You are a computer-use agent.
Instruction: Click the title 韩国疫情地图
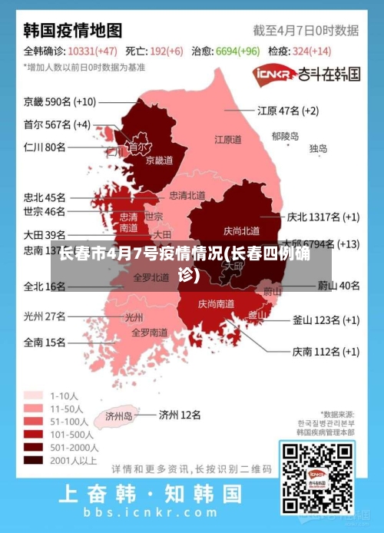[73, 31]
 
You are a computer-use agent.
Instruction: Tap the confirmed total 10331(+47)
[92, 51]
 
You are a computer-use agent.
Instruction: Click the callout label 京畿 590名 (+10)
[60, 101]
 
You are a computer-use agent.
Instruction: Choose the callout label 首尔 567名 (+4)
[57, 124]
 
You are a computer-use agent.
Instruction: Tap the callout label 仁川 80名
[45, 147]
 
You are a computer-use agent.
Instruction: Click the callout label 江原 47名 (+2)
[288, 111]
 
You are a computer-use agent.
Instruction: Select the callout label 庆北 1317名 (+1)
[323, 217]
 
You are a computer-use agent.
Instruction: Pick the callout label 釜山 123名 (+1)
[326, 320]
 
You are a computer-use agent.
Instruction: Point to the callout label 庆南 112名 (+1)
[326, 352]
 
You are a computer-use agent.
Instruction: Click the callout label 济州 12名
[180, 415]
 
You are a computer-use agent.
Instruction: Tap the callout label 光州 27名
[45, 316]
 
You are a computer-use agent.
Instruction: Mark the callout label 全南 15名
[45, 343]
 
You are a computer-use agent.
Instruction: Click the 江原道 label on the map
[228, 140]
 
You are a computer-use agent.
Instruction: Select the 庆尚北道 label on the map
[241, 230]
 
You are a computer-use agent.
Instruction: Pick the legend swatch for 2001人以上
[33, 460]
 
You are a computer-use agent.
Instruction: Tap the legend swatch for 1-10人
[33, 396]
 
